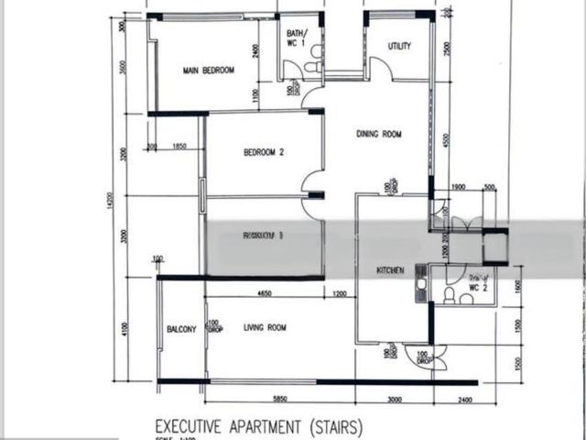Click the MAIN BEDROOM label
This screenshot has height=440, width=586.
pyautogui.click(x=209, y=71)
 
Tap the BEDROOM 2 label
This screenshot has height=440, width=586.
pyautogui.click(x=263, y=153)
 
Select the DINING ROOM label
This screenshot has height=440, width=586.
pyautogui.click(x=379, y=135)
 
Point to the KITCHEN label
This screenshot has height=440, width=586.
pyautogui.click(x=391, y=270)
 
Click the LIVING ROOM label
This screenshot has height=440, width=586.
pyautogui.click(x=265, y=327)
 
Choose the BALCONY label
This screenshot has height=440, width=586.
pyautogui.click(x=181, y=330)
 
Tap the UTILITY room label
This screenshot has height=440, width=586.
pyautogui.click(x=399, y=46)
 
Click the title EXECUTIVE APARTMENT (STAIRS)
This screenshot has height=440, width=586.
pyautogui.click(x=259, y=426)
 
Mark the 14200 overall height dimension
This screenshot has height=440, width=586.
pyautogui.click(x=111, y=203)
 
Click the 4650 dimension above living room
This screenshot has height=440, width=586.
pyautogui.click(x=268, y=293)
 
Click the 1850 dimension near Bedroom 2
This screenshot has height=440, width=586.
pyautogui.click(x=179, y=147)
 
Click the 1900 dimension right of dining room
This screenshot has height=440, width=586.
pyautogui.click(x=459, y=187)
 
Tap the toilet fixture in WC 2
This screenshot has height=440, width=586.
pyautogui.click(x=450, y=295)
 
